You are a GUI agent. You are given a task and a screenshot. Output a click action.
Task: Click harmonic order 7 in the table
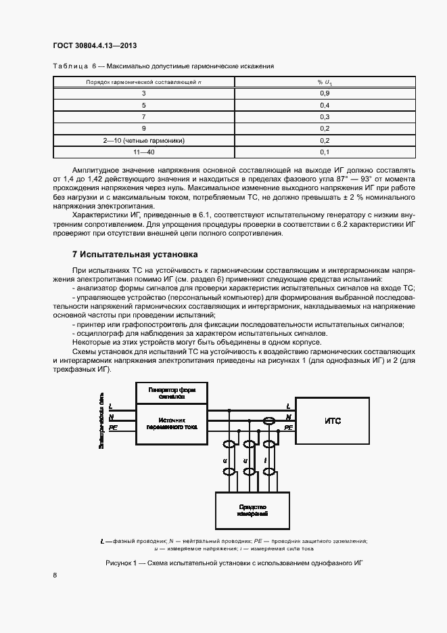click(x=143, y=116)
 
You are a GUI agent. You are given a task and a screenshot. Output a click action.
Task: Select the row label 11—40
click(x=143, y=152)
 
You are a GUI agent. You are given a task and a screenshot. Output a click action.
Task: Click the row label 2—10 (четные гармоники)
click(x=143, y=140)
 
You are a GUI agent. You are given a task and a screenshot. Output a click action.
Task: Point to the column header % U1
click(x=324, y=81)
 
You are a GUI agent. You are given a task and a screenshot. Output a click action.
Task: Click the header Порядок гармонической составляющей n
click(x=143, y=81)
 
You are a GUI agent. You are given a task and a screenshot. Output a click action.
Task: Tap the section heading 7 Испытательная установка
click(x=135, y=255)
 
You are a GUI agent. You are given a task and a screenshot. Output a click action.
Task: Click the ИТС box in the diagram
click(x=333, y=420)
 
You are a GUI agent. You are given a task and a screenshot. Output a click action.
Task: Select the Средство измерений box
click(x=252, y=511)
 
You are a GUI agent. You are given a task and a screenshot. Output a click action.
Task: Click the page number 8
click(x=54, y=575)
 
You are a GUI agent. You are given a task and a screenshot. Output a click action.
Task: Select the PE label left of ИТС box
click(x=288, y=428)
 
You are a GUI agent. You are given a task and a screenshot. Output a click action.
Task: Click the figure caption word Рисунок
click(x=121, y=563)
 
